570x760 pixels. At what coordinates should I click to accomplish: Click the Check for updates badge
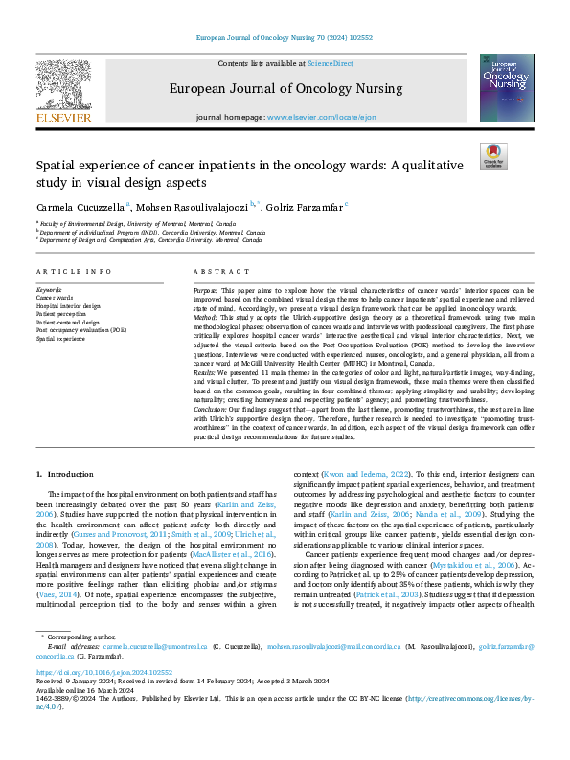click(492, 155)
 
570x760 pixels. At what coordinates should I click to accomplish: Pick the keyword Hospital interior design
click(70, 306)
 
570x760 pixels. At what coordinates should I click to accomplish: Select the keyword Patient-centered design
click(70, 322)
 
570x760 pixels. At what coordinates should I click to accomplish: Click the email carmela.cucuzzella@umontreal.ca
click(157, 620)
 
